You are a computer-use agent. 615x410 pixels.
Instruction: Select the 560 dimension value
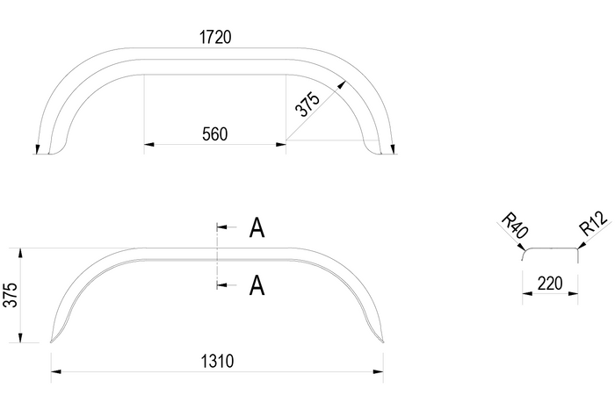click(214, 133)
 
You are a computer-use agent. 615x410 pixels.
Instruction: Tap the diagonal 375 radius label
click(306, 106)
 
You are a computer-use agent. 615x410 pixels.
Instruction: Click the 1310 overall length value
click(216, 361)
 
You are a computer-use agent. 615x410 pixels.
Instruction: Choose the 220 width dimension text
click(551, 284)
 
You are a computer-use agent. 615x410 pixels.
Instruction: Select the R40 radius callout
click(513, 226)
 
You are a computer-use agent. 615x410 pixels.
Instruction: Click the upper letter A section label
click(257, 228)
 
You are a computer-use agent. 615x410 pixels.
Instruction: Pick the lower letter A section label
click(257, 285)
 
